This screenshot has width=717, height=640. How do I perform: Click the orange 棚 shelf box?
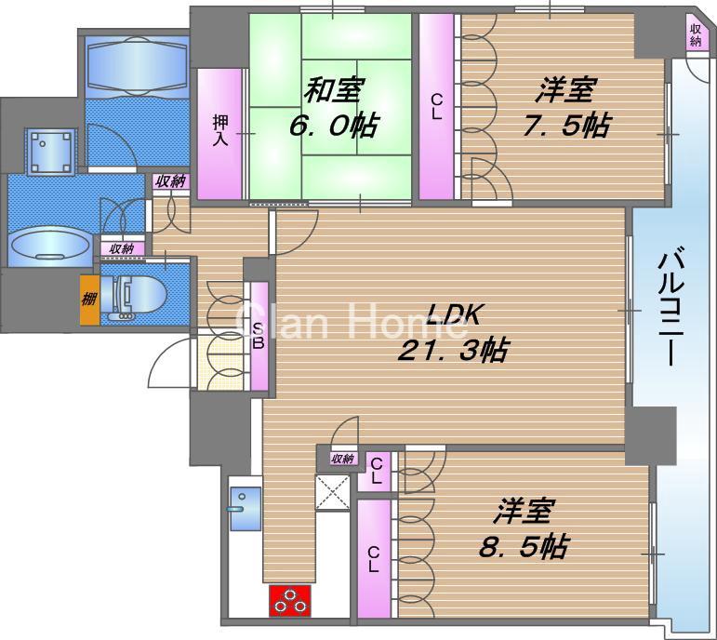[88, 300]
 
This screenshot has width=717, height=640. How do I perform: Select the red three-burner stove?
[290, 600]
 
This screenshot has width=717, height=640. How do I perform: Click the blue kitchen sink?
[246, 508]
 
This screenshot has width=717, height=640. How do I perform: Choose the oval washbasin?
[50, 247]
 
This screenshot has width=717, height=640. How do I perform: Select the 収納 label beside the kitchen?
[342, 458]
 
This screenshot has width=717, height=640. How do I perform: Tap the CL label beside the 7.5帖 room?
[435, 108]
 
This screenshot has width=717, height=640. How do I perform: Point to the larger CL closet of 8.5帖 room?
[374, 558]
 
